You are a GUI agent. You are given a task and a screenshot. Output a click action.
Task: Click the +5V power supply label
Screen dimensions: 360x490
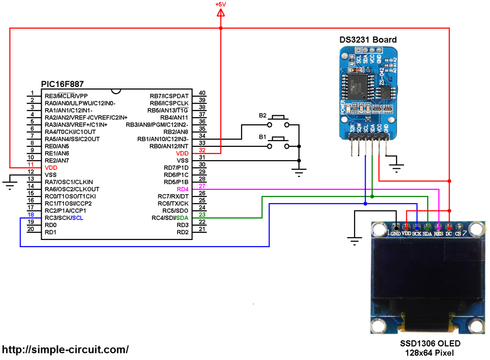click(x=220, y=4)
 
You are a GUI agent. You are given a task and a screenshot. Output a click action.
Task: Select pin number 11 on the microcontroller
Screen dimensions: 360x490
click(x=31, y=164)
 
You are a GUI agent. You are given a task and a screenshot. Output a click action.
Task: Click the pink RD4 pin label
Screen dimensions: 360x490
click(x=183, y=189)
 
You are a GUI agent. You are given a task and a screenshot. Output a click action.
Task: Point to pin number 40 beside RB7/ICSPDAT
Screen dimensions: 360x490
click(x=202, y=93)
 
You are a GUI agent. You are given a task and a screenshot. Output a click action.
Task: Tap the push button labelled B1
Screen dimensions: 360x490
click(x=278, y=142)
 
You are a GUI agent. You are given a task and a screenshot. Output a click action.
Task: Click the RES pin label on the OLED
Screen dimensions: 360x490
click(x=438, y=234)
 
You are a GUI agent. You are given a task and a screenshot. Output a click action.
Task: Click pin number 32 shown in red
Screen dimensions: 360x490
click(x=202, y=150)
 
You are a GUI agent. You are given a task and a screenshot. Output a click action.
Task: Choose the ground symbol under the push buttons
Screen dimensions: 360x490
click(x=299, y=173)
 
